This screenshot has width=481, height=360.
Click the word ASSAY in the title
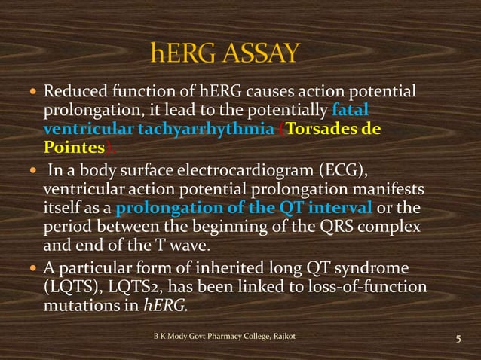point(258,53)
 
